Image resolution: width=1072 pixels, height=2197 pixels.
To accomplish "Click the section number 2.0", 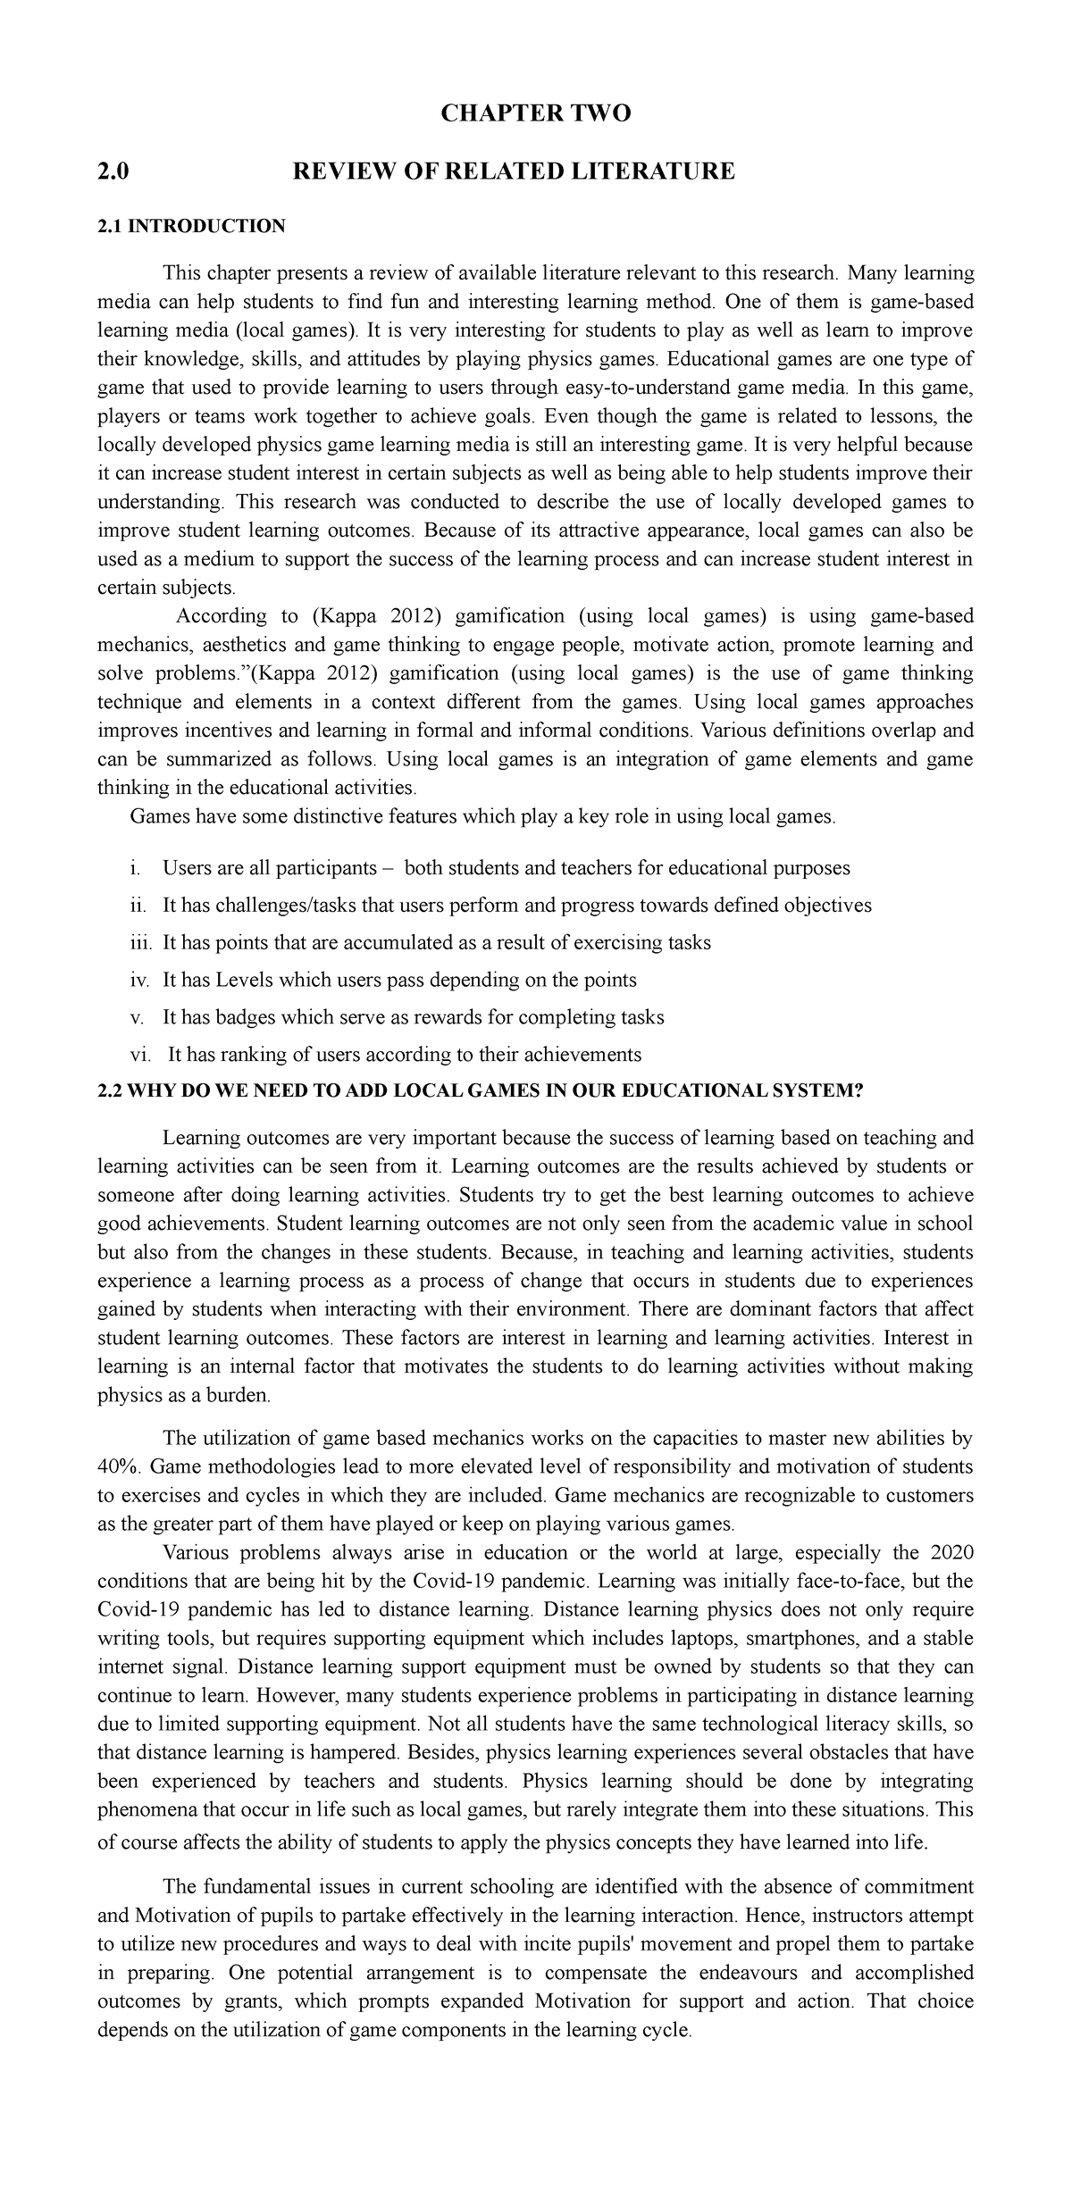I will click(113, 170).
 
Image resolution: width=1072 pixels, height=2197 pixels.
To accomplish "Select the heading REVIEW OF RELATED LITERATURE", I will click(514, 170).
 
